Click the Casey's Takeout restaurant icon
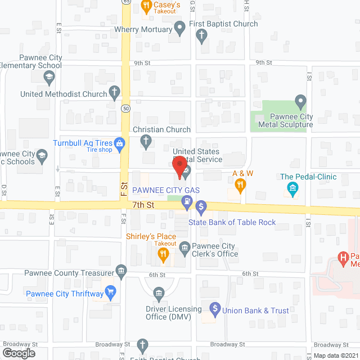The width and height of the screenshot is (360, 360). tap(146, 7)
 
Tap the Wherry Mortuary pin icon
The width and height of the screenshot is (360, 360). tap(180, 26)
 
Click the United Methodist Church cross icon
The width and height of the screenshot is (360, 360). tap(115, 92)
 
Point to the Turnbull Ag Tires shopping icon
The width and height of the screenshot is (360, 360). tap(119, 143)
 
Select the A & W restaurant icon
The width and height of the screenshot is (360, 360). tap(240, 184)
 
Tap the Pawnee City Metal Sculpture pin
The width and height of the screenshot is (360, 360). tap(300, 102)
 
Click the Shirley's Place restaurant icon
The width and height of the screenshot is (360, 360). tap(163, 255)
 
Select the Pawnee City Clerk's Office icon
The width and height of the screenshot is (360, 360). tap(184, 247)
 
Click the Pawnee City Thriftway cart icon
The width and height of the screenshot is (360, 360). tap(111, 292)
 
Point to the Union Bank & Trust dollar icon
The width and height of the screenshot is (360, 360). tap(214, 308)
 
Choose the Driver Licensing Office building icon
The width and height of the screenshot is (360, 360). tap(159, 292)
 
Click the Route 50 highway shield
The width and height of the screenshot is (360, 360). tap(125, 108)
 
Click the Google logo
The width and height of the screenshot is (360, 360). tap(18, 353)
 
